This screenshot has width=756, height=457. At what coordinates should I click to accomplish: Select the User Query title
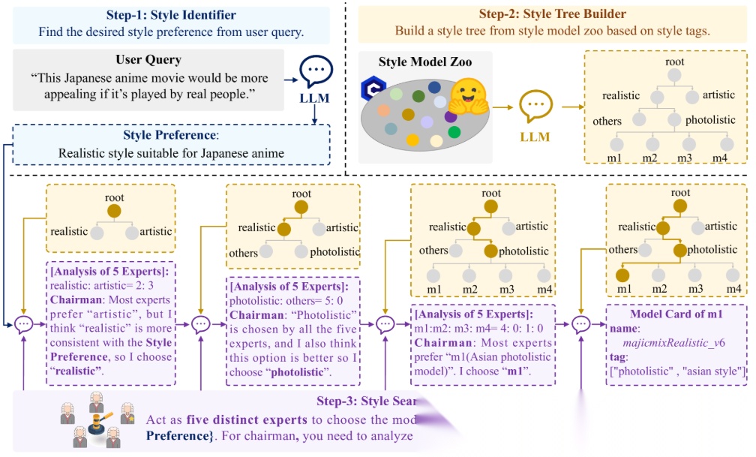tap(148, 60)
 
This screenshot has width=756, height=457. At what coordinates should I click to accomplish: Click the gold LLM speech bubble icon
tap(535, 108)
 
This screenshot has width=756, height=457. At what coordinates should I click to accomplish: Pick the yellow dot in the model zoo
tap(412, 140)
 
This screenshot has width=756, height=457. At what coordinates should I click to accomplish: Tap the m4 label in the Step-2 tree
tap(726, 156)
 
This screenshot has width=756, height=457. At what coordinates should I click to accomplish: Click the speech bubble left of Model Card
tap(583, 324)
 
